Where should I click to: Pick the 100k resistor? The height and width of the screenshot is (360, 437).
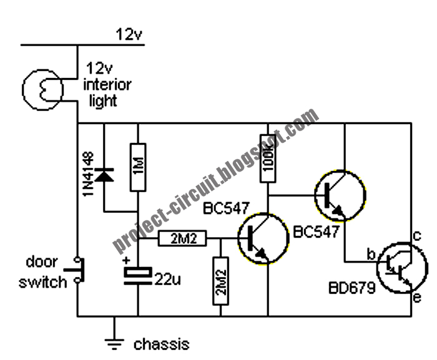[268, 158]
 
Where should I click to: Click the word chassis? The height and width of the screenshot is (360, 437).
[161, 344]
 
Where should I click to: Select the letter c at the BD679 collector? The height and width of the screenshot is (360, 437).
[418, 235]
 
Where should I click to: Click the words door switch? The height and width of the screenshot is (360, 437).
[42, 272]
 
